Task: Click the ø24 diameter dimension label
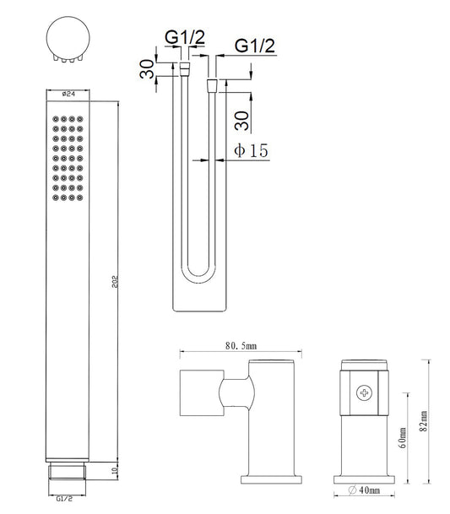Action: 68,94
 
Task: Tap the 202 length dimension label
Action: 115,282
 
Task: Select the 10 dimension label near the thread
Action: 115,471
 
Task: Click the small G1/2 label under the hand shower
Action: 64,499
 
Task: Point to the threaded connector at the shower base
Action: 68,472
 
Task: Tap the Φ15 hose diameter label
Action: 251,150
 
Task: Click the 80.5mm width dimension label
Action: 241,346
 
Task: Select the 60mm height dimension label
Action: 403,438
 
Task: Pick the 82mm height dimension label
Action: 424,421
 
